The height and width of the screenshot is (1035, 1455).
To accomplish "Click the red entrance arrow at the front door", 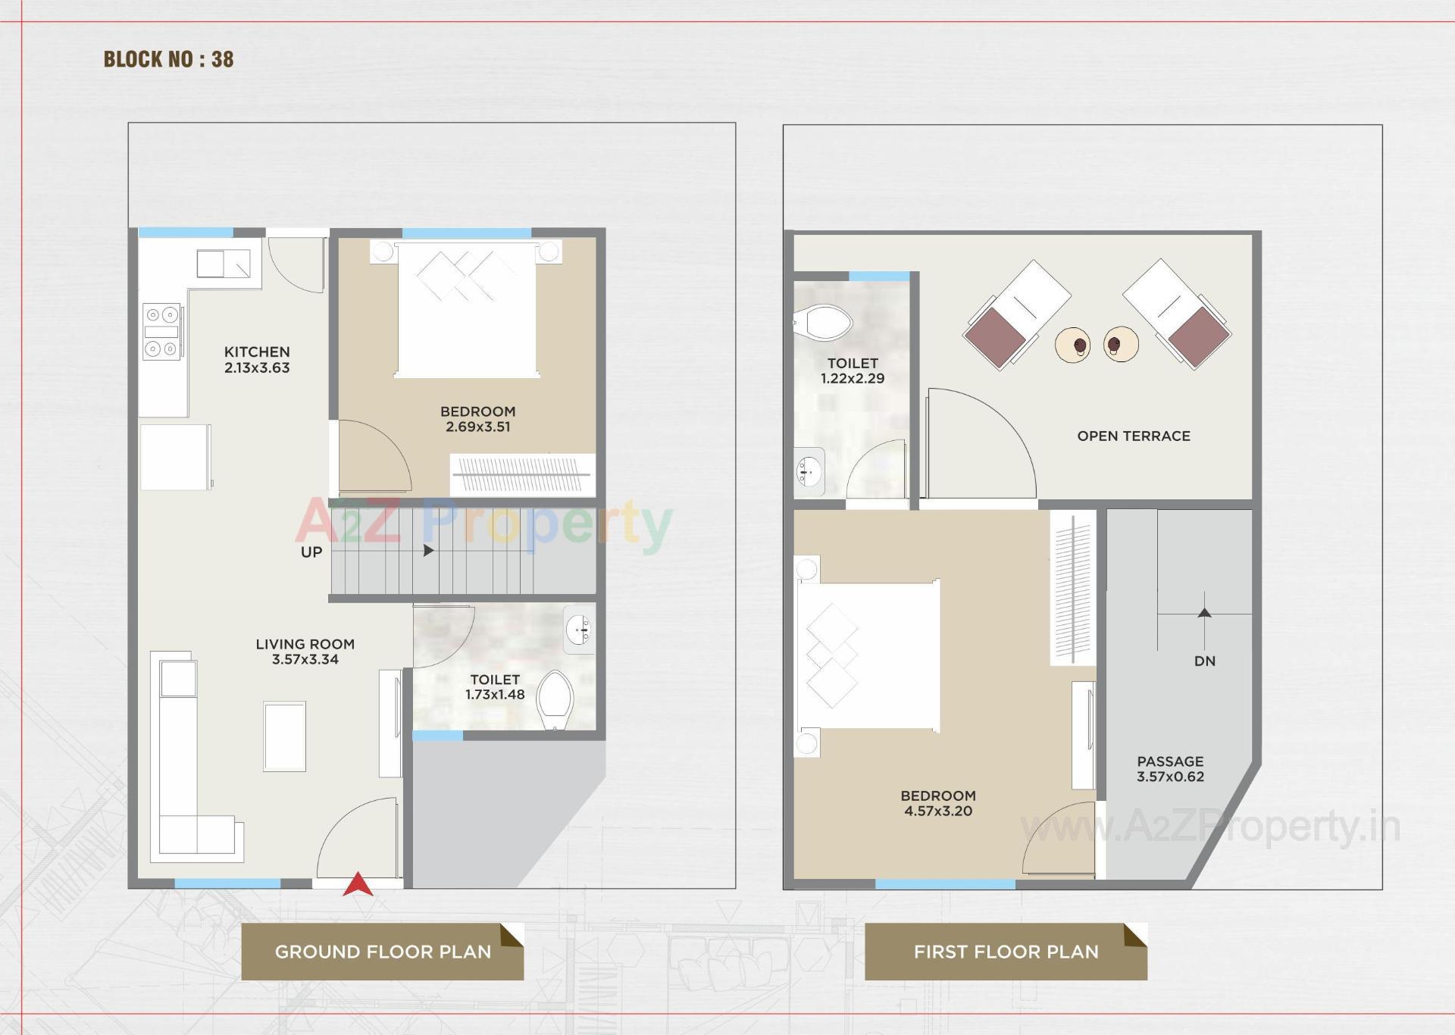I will pos(358,885).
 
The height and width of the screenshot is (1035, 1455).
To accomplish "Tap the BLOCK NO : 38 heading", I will pos(168,59).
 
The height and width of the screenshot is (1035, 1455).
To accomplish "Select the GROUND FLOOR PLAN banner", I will pos(383,952).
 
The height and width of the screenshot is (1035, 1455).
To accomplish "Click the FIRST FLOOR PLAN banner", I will pos(1006,952).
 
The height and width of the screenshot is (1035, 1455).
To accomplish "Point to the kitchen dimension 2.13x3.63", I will pos(257,368).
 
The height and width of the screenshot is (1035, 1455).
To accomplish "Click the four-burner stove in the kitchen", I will pos(162,331).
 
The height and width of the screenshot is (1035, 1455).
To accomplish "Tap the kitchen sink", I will pos(224,264).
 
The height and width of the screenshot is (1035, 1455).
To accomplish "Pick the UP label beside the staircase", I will pos(311,552).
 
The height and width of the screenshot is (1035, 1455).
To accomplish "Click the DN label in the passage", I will pos(1204,661).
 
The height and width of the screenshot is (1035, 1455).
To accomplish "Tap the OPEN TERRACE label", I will pos(1133,436).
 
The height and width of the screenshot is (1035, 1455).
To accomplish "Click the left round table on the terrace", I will pos(1073,345).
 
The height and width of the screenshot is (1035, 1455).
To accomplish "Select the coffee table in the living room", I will pos(285,736).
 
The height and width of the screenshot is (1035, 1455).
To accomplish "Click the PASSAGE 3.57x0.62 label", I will pos(1170,769).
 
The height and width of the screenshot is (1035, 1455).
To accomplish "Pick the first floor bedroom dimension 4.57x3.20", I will pos(938,811).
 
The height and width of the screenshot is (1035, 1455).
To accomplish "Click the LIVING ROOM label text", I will pos(305,644).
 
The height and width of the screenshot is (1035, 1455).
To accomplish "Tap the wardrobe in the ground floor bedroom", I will pos(522,475).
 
